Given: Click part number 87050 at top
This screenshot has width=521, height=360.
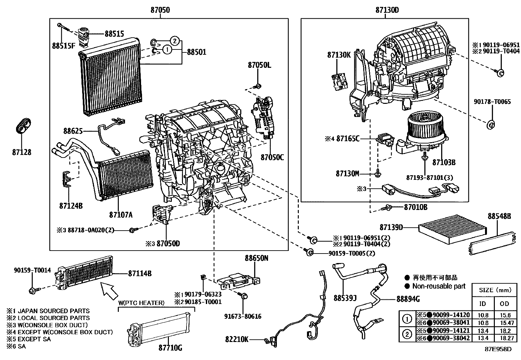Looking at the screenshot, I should pos(160,10).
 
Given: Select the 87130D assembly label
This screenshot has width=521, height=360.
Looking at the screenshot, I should pos(387,10).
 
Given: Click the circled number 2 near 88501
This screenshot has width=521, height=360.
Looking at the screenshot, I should pos(175,41).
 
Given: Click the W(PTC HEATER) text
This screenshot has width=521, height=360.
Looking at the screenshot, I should pos(141,303).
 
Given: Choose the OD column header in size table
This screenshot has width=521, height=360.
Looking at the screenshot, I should pos(504,304).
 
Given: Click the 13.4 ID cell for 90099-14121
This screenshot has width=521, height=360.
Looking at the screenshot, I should pos(483,331).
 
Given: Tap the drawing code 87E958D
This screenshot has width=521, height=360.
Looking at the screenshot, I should pos(498,349).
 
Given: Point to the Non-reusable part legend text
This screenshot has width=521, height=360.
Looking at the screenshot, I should pos(439,286).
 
